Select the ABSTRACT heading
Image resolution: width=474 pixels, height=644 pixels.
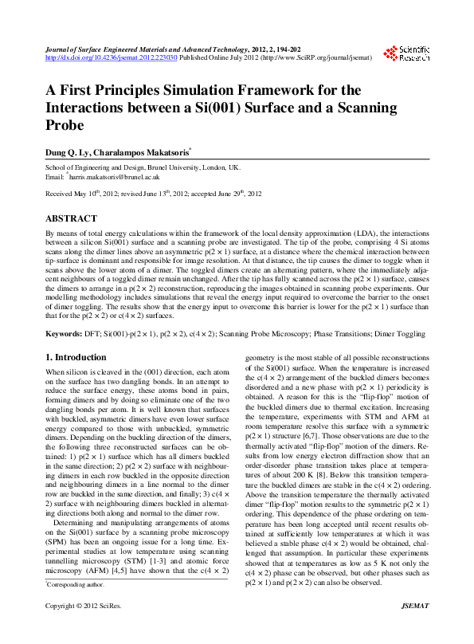click(71, 218)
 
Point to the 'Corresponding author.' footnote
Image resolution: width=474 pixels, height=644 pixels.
click(76, 607)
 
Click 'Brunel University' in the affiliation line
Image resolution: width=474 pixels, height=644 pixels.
click(169, 168)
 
